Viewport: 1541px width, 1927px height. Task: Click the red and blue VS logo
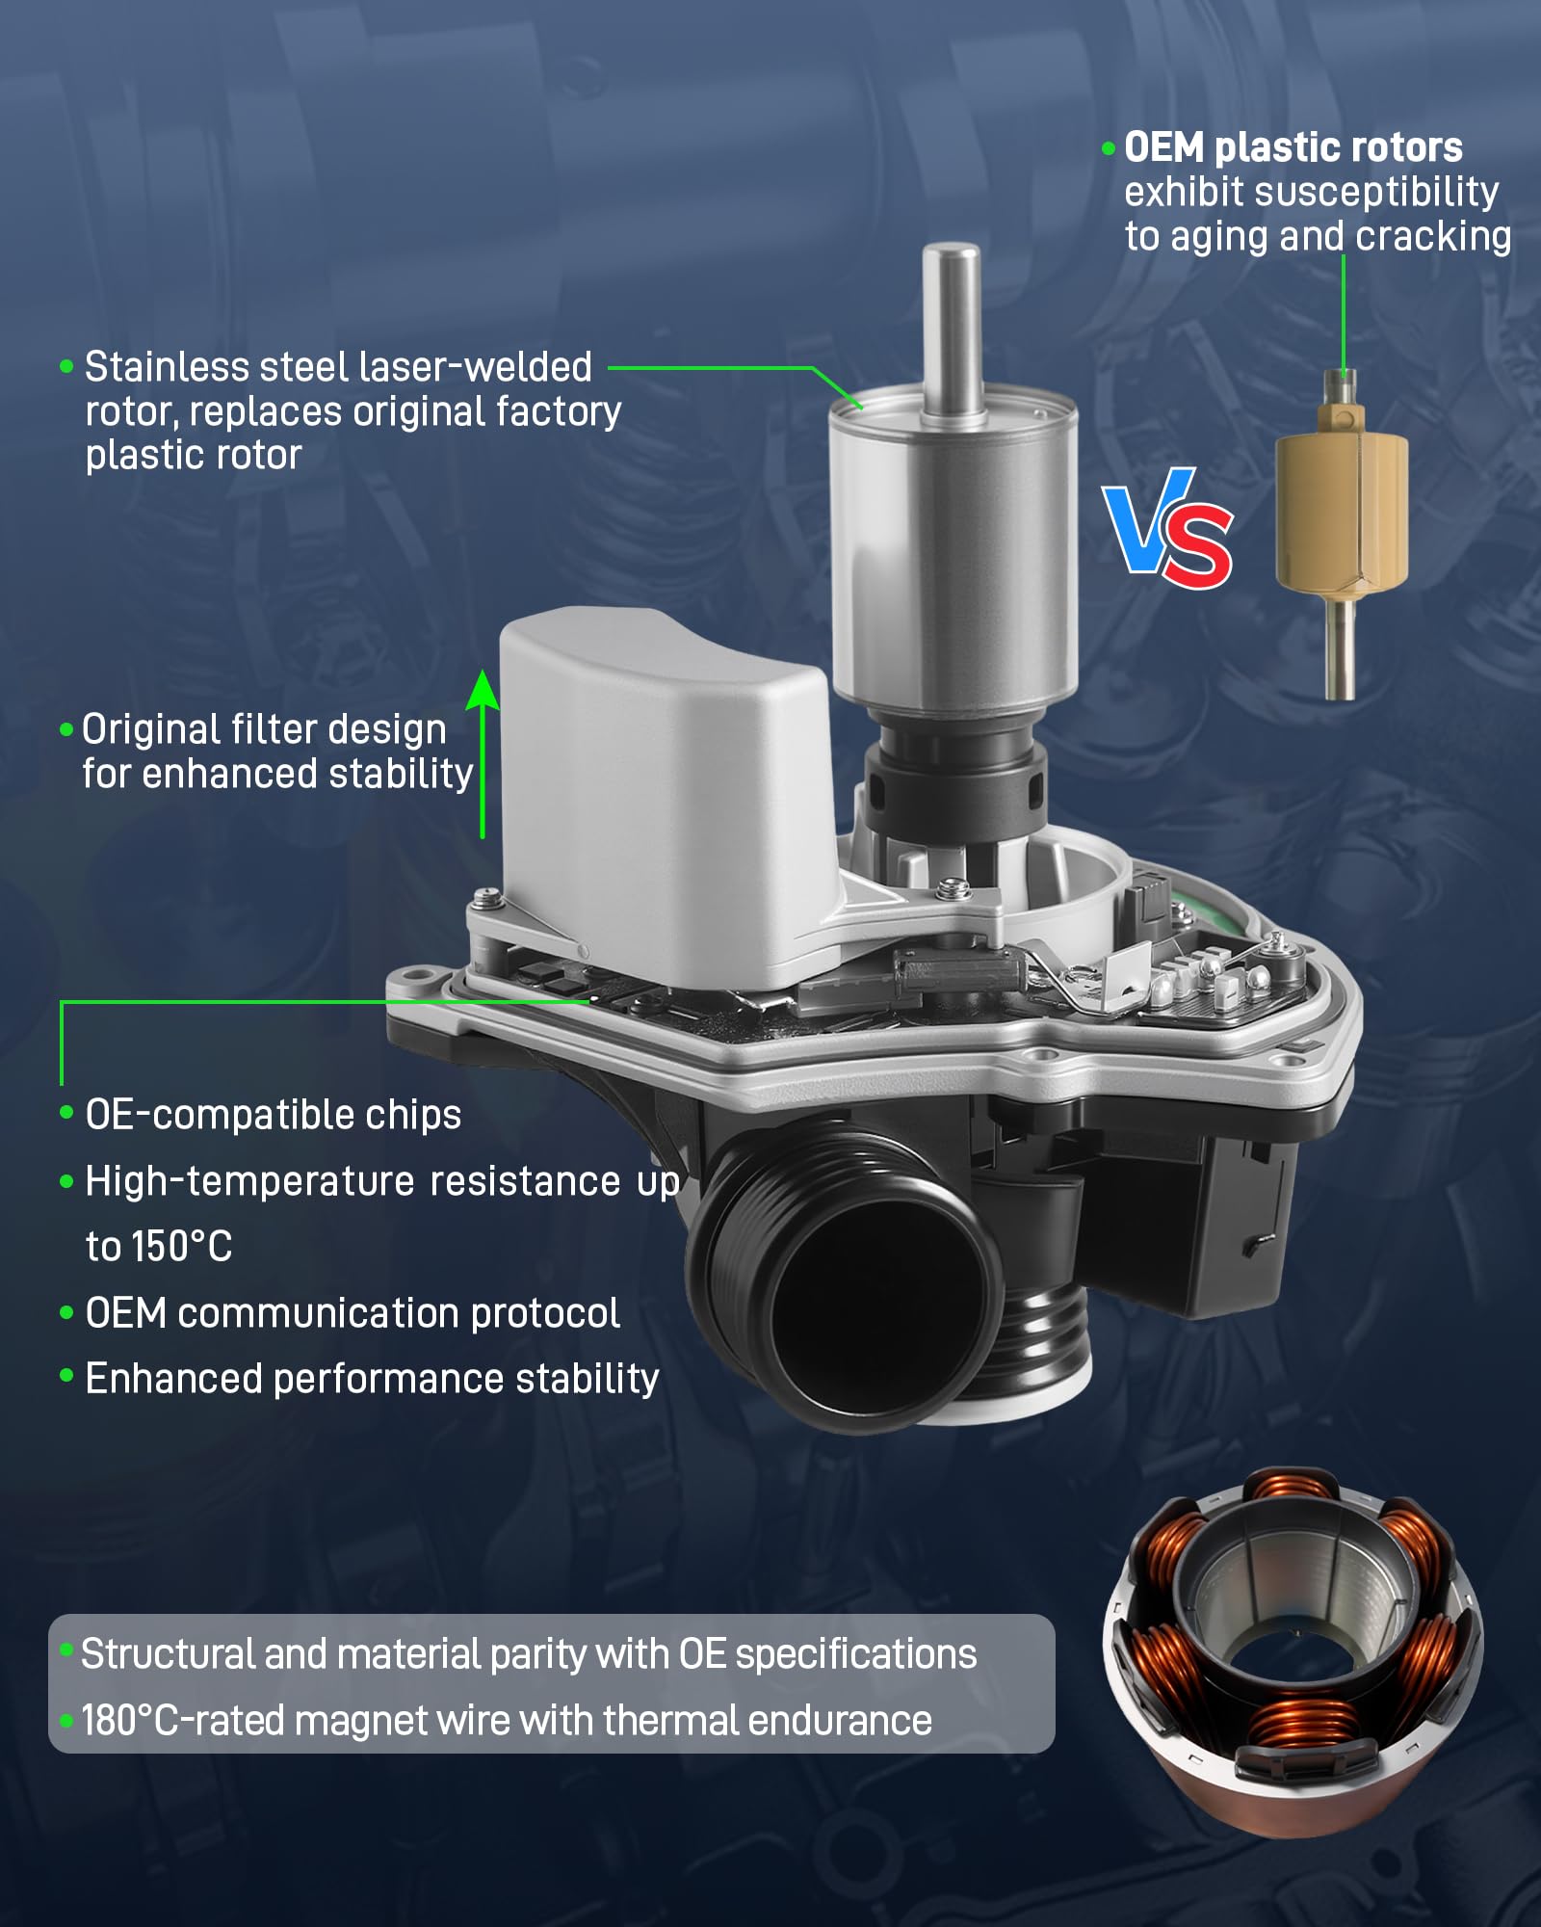coord(1168,529)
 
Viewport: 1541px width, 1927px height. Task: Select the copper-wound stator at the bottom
coord(1293,1650)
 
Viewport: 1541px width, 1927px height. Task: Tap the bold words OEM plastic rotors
coord(1293,147)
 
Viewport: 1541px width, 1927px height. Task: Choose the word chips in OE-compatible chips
coord(414,1115)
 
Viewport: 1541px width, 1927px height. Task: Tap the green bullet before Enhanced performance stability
coord(66,1376)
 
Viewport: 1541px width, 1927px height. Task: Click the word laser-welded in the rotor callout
coord(474,367)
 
